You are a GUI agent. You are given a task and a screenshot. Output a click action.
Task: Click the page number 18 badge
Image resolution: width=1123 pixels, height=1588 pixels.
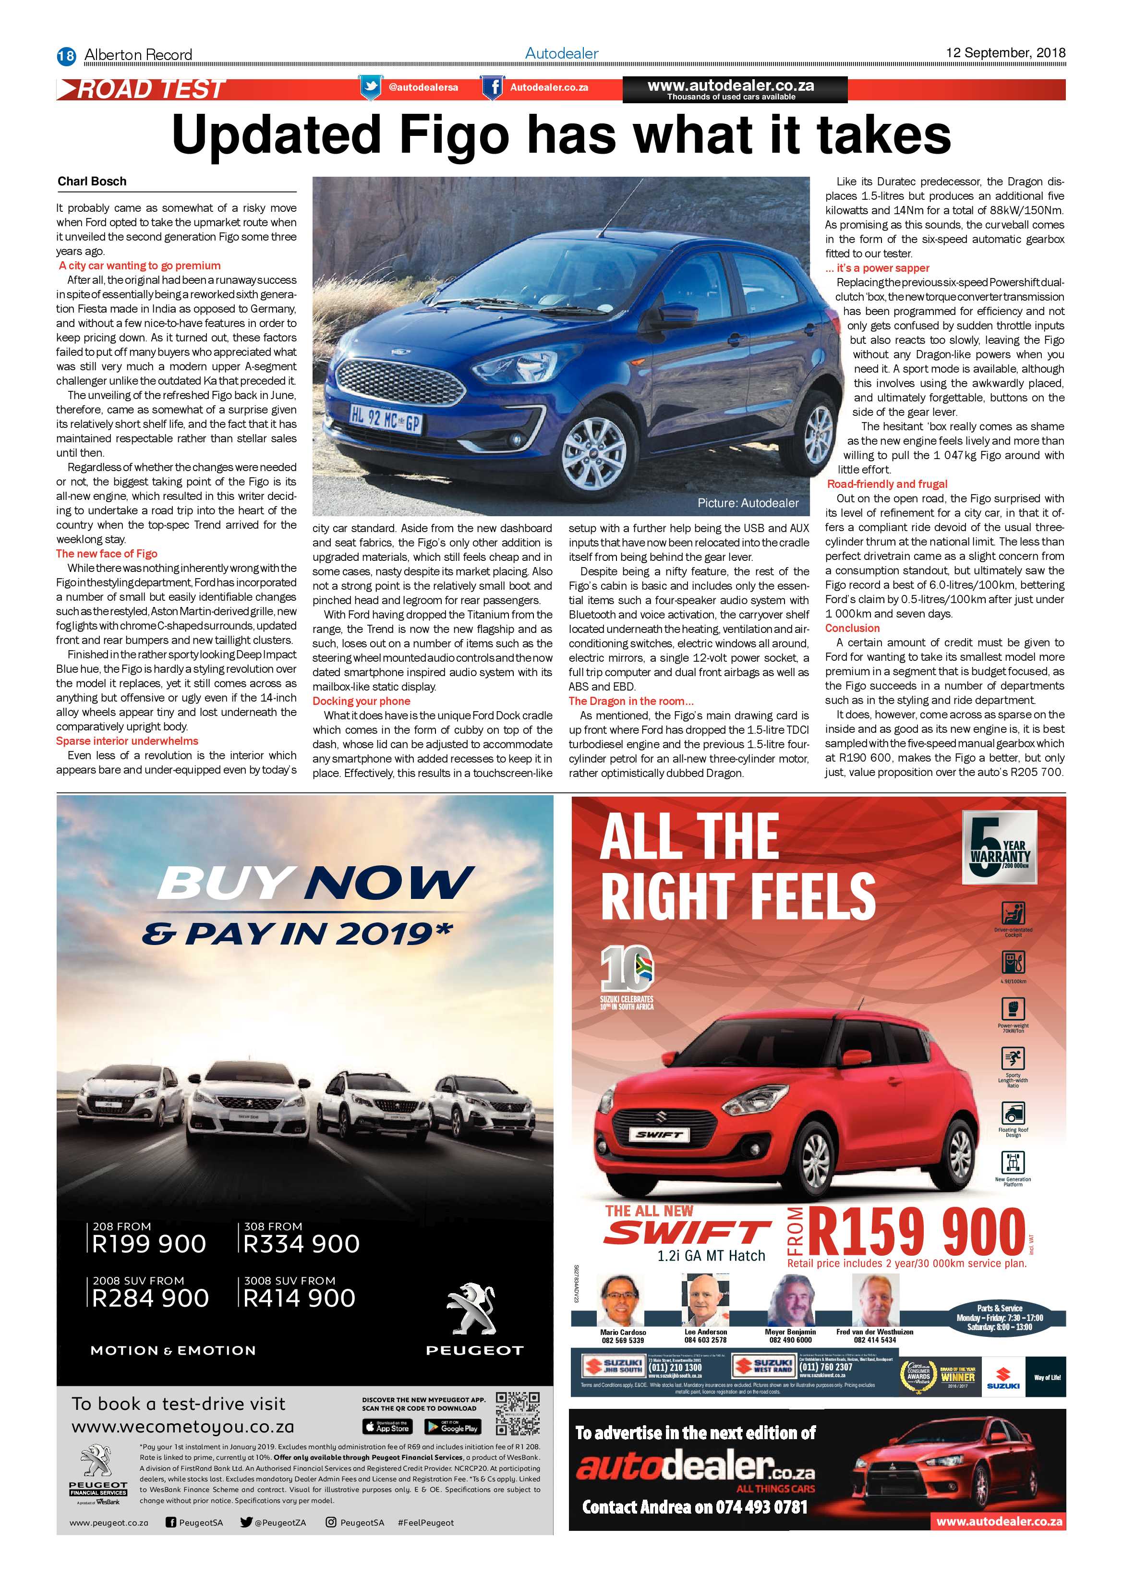tap(66, 55)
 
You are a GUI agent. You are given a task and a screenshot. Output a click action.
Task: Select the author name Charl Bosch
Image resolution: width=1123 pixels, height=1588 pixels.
tap(92, 181)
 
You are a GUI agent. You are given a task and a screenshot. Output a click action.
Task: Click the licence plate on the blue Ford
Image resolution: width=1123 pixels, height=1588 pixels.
tap(385, 418)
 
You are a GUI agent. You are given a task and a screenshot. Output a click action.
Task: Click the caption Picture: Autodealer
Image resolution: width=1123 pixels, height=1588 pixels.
tap(748, 503)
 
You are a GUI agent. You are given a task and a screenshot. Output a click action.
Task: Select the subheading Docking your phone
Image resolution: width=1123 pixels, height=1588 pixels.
tap(361, 701)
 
